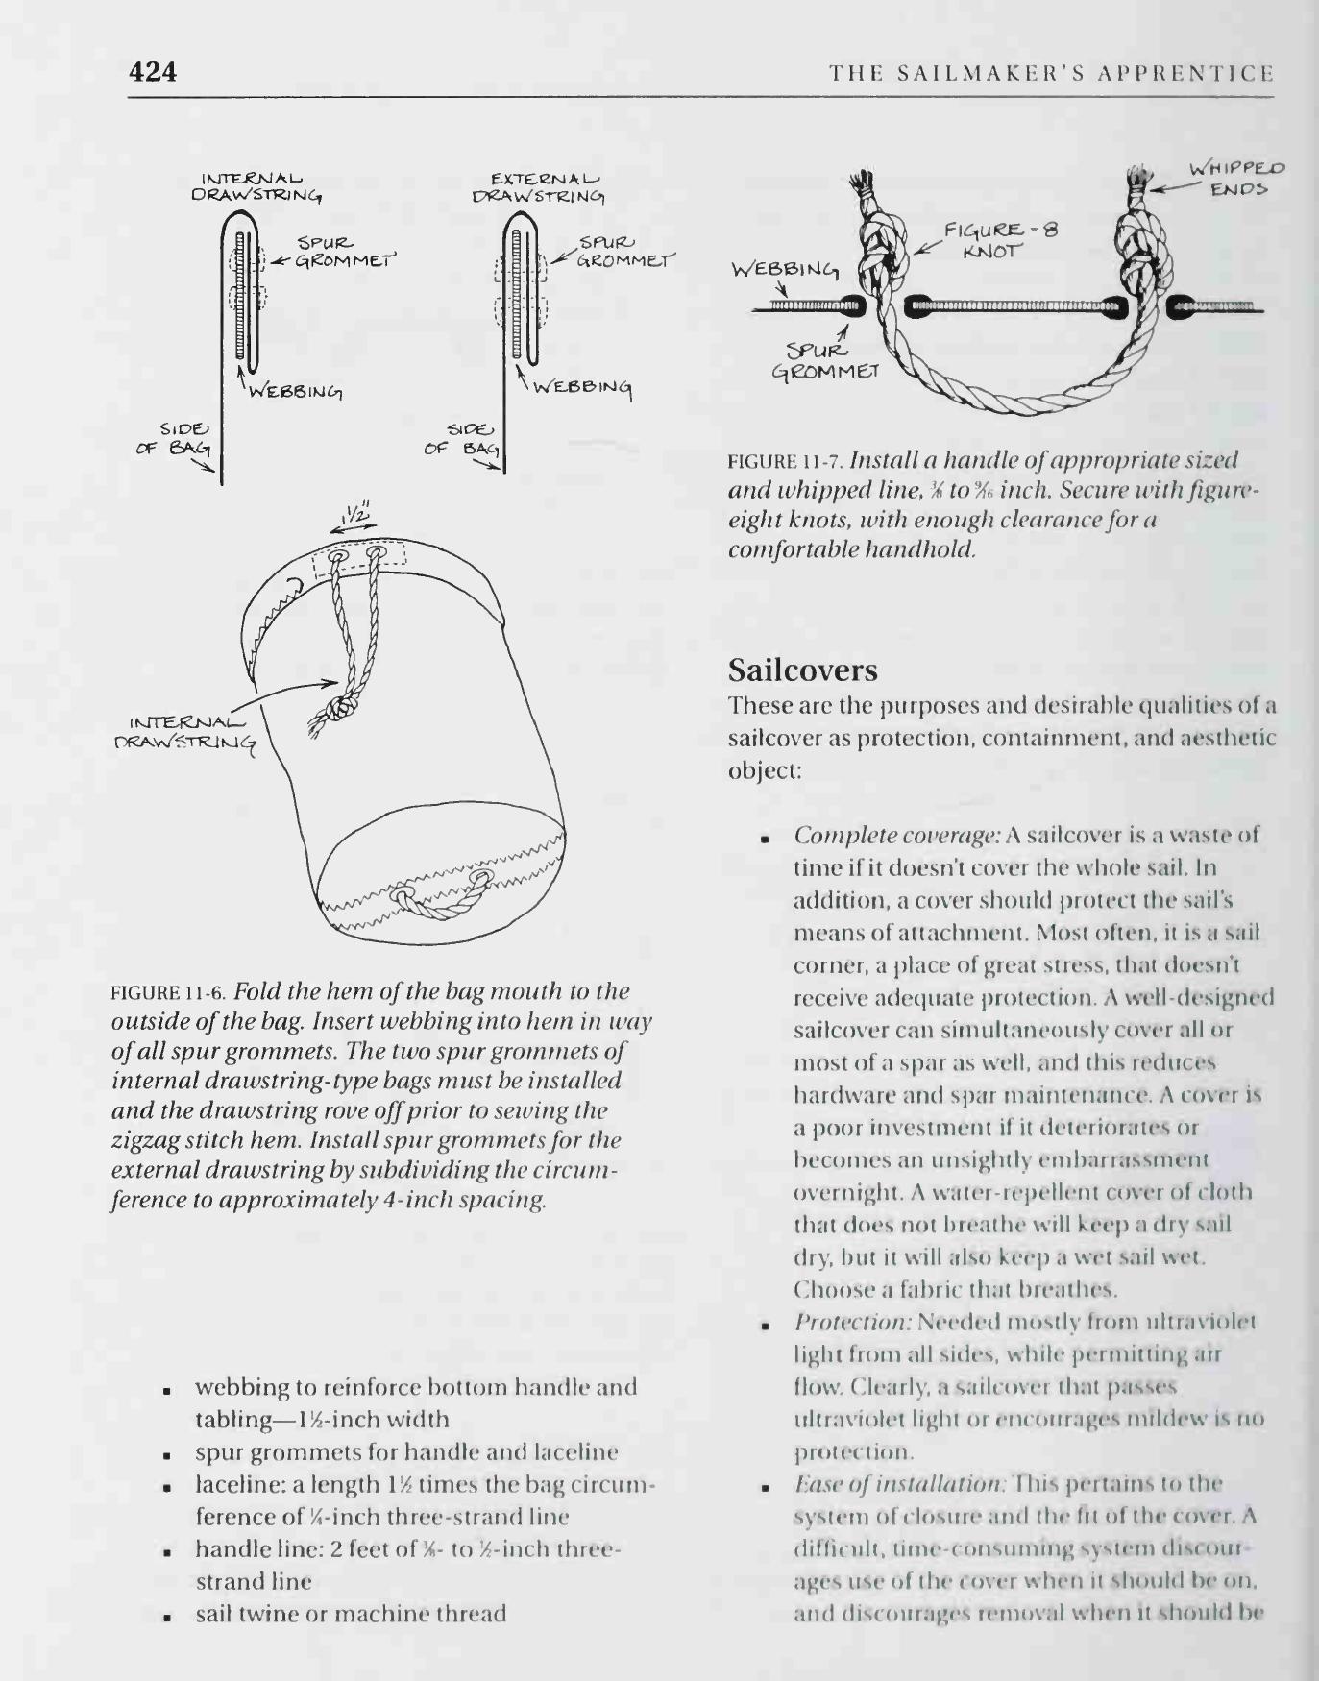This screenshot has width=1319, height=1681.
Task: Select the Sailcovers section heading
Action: [x=803, y=669]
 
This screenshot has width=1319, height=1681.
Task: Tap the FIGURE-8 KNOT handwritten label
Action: [x=999, y=240]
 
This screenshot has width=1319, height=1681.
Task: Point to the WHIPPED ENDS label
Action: [x=1237, y=179]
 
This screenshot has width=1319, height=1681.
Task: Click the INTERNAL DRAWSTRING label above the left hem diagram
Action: [x=256, y=185]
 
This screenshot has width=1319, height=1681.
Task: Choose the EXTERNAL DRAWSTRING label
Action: [x=539, y=186]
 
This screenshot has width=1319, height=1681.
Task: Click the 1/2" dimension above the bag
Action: [x=355, y=515]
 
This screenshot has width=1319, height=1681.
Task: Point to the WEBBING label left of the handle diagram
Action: [x=785, y=269]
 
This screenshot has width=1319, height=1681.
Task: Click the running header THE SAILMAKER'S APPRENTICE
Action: [x=1051, y=73]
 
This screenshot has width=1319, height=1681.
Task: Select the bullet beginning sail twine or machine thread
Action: [x=350, y=1614]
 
